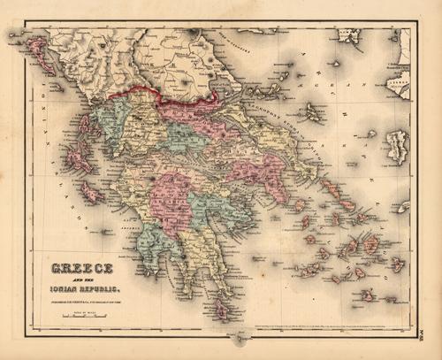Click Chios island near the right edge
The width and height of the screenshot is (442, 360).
pos(399,146)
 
